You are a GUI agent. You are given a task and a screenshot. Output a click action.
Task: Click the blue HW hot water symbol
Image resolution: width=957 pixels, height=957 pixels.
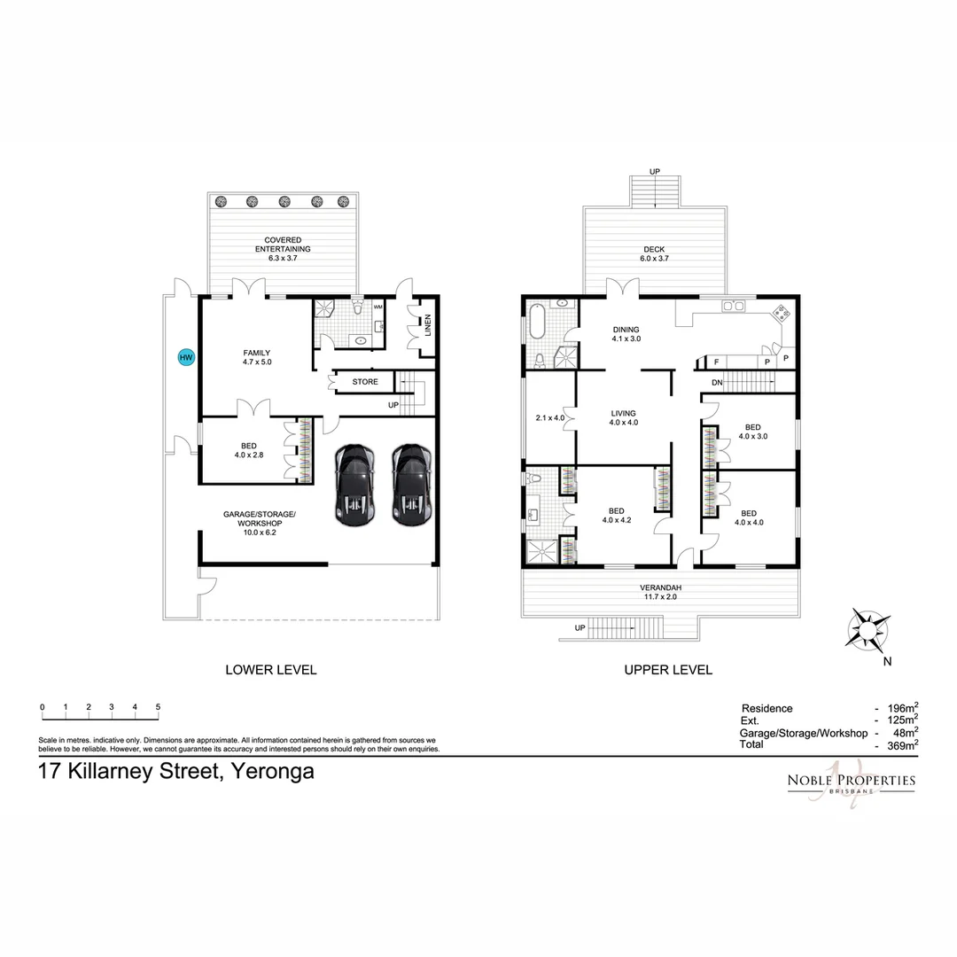(x=185, y=358)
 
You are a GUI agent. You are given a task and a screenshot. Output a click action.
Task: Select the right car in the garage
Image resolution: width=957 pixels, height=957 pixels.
(x=411, y=485)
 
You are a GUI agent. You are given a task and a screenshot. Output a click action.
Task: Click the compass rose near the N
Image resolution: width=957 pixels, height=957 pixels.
(x=868, y=629)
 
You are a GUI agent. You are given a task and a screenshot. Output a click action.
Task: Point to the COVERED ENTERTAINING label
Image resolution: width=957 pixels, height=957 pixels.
(x=282, y=245)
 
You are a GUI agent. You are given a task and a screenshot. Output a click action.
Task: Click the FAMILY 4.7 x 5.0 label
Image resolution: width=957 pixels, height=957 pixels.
(x=256, y=357)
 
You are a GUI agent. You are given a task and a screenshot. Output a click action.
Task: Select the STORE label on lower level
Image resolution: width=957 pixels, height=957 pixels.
(x=365, y=382)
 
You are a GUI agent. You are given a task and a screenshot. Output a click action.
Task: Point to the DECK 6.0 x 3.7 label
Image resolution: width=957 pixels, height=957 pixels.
(x=654, y=254)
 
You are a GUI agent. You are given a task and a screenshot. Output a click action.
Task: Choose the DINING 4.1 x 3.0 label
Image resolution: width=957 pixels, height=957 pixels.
(x=626, y=333)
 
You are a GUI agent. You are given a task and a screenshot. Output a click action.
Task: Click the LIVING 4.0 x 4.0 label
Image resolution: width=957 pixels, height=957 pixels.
(x=623, y=417)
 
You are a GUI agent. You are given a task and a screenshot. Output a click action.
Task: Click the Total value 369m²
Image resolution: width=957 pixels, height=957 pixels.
(x=900, y=746)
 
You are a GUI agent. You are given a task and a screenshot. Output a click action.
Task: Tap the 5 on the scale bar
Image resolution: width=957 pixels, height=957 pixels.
(x=158, y=707)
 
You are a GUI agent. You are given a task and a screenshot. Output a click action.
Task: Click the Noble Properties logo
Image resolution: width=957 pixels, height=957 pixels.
(x=851, y=782)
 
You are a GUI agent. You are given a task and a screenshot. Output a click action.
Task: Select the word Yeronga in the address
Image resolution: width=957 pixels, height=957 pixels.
(x=272, y=771)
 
